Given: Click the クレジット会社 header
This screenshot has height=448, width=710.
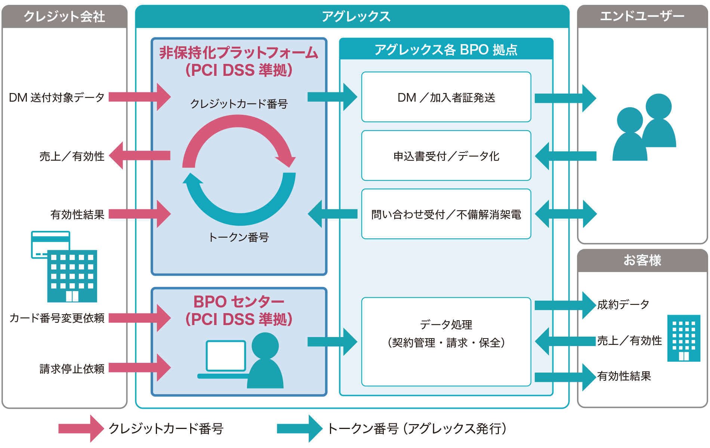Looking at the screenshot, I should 64,17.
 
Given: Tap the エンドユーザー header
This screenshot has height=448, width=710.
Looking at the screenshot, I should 642,16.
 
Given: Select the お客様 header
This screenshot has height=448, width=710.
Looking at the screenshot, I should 642,260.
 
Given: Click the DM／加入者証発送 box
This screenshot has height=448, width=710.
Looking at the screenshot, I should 446,97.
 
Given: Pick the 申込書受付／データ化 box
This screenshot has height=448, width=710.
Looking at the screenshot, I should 446,156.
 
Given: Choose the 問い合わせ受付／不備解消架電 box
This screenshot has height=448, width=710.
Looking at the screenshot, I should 446,214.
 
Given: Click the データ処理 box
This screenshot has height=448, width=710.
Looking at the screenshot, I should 446,342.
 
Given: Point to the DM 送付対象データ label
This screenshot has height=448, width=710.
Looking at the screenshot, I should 56,98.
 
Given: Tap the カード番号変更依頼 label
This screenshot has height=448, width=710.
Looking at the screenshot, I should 57,318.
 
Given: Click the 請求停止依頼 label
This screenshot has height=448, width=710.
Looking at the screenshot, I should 72,369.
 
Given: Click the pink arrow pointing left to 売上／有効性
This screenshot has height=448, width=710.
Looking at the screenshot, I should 140,155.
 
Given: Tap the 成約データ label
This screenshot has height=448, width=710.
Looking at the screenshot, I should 623,305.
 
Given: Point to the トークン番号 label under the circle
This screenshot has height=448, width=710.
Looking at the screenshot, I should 239,237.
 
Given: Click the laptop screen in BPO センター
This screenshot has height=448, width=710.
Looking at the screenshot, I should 226,355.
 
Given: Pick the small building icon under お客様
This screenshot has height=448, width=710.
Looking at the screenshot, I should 683,338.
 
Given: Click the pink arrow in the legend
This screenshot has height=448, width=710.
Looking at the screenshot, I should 80,429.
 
